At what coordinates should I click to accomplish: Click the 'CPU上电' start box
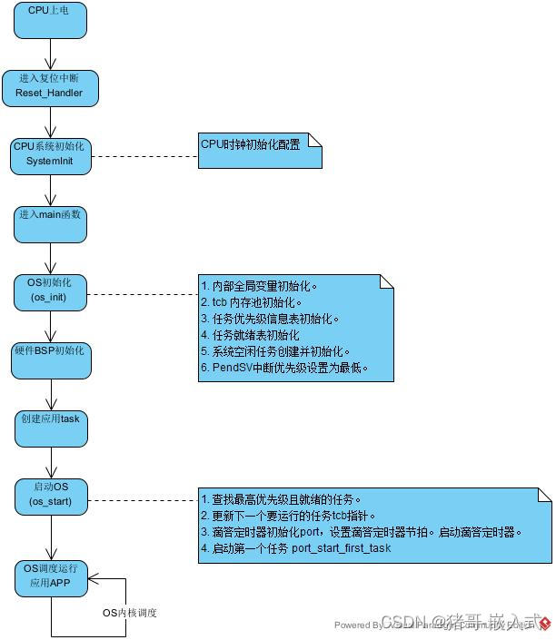[x=50, y=19]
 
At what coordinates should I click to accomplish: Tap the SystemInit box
[x=50, y=155]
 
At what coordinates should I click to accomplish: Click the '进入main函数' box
[x=50, y=223]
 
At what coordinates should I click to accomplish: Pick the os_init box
[x=50, y=291]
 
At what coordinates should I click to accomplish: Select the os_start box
[x=50, y=496]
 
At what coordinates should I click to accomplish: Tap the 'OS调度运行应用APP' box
[x=50, y=577]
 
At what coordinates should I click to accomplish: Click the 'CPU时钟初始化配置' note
[x=259, y=150]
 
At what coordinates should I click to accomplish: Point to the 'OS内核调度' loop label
[x=129, y=613]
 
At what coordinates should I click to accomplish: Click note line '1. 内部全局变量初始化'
[x=260, y=286]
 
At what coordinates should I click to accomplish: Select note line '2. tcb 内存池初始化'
[x=252, y=302]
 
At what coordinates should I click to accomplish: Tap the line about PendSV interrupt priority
[x=283, y=368]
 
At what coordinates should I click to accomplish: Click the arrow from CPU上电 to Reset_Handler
[x=50, y=54]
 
